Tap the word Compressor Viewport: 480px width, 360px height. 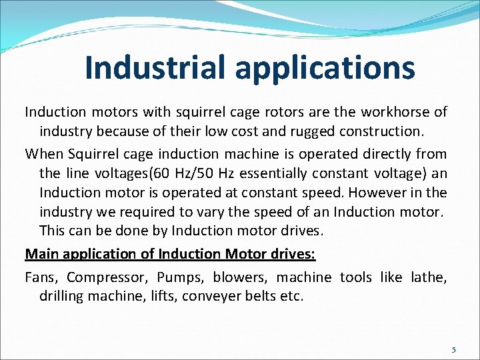point(107,276)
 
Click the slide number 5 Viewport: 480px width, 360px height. point(453,349)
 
